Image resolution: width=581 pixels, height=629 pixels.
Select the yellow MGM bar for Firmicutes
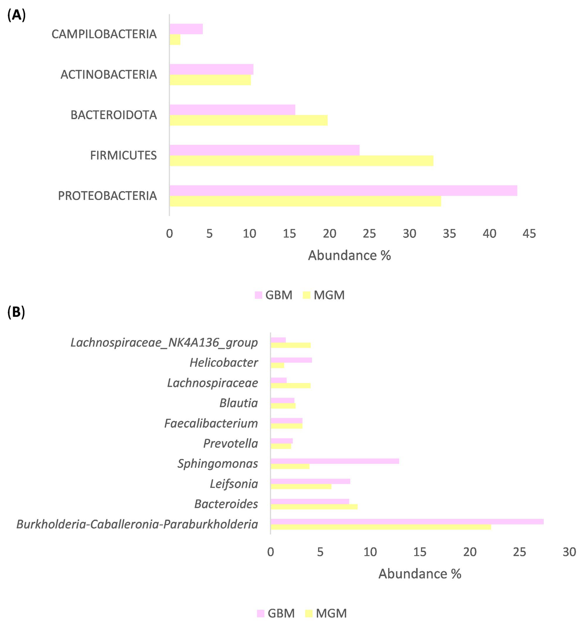click(301, 161)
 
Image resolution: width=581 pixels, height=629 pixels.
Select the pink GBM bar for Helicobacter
click(291, 360)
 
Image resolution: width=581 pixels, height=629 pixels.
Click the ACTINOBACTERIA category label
click(108, 74)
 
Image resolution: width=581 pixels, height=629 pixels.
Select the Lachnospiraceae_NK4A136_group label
click(164, 342)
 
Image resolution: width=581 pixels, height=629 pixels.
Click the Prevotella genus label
click(230, 443)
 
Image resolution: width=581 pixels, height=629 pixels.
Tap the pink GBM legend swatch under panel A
click(258, 295)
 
